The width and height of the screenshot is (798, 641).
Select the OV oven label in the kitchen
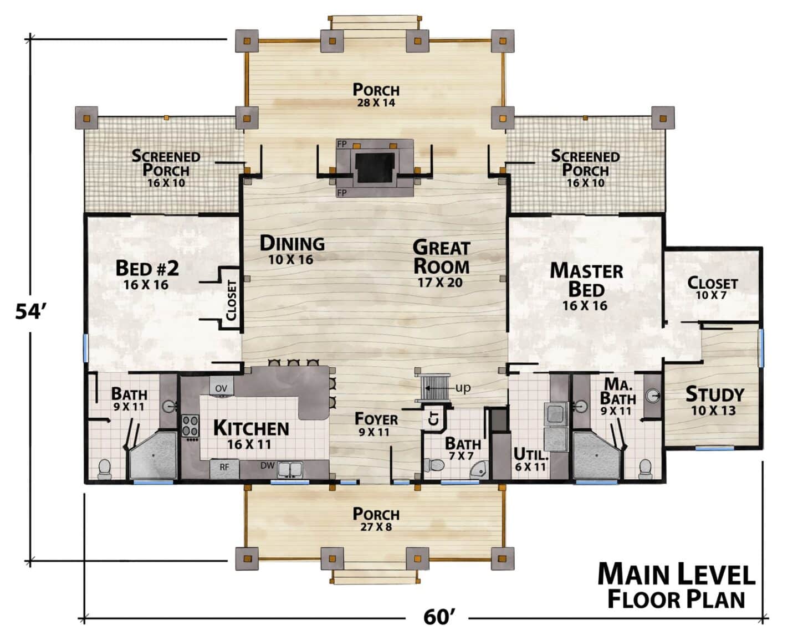(221, 388)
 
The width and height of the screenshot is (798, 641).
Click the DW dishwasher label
(267, 465)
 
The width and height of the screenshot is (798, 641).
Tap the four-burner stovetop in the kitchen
(190, 425)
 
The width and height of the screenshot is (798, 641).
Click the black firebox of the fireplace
(375, 167)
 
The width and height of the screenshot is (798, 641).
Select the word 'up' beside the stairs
(463, 388)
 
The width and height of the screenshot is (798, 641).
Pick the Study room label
(714, 394)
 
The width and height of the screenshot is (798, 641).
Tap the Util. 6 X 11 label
(530, 460)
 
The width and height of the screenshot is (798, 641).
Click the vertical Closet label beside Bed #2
(231, 300)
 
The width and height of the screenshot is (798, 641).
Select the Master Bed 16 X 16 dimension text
(585, 305)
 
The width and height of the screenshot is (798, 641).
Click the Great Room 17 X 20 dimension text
(440, 283)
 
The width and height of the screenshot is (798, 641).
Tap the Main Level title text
(677, 574)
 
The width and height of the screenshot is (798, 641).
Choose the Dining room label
(292, 244)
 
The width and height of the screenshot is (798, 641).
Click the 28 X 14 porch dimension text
(376, 102)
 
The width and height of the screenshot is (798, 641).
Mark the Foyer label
(376, 419)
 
